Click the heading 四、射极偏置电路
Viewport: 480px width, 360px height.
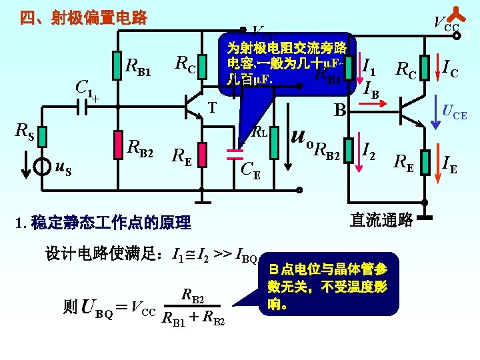83,18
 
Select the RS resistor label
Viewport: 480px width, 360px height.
25,134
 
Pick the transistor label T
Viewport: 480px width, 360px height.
212,107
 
